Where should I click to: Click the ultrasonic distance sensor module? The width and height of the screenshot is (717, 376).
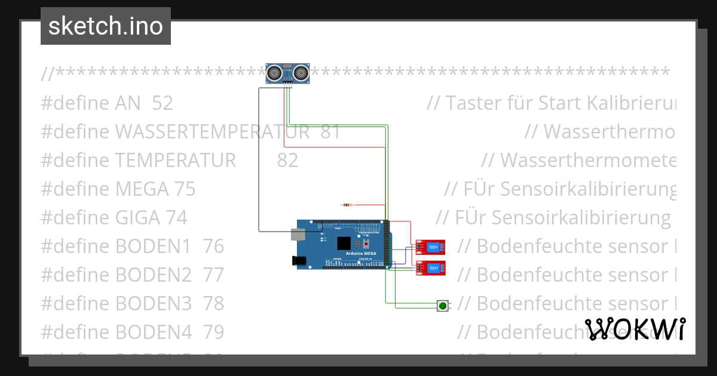coord(288,73)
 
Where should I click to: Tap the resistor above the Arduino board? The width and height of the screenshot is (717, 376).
coord(346,205)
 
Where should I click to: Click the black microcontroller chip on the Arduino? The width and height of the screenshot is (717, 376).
coord(344,243)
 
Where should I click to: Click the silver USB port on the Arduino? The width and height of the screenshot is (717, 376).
coord(298,234)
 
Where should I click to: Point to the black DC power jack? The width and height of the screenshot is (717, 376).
coord(298,260)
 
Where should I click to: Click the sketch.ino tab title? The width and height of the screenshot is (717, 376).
coord(106,26)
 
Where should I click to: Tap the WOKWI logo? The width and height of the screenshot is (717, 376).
coord(635,329)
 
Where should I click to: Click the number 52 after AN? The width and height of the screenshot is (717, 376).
coord(163,103)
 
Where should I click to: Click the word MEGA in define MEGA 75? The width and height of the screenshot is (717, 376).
coord(142,189)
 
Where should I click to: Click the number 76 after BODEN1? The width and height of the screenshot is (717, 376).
coord(213,246)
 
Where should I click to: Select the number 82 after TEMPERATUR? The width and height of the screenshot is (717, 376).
coord(287,161)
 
